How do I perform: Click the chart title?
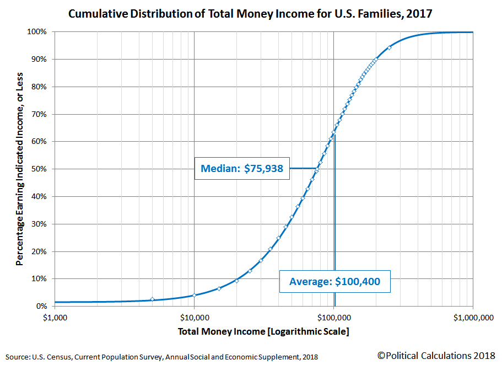click(x=250, y=13)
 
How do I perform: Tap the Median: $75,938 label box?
click(x=242, y=169)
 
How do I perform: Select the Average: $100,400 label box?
click(x=334, y=281)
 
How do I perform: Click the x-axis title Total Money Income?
click(x=263, y=331)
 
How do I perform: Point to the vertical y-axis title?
click(x=19, y=169)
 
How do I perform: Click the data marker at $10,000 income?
click(x=194, y=296)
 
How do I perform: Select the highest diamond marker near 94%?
click(x=389, y=48)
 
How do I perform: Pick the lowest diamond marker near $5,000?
click(x=152, y=299)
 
